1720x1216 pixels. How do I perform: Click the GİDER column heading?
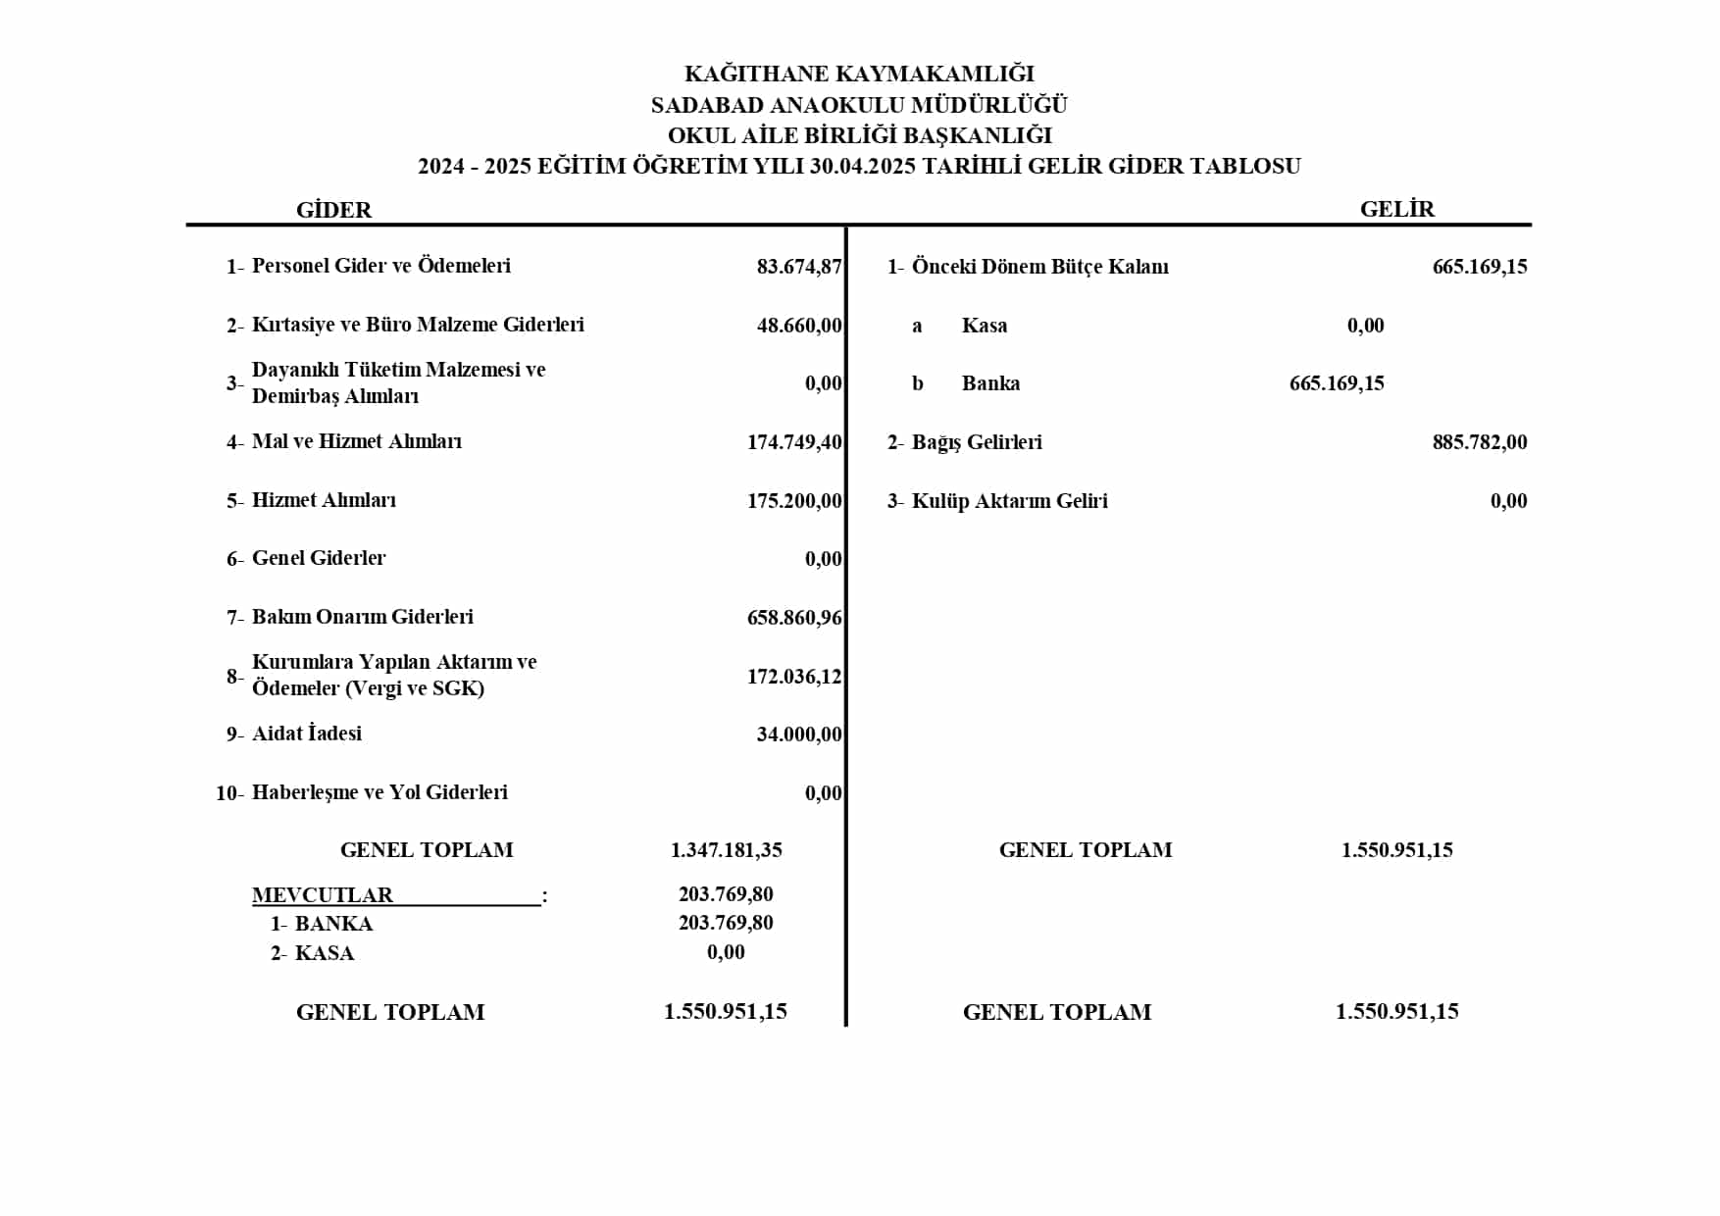pyautogui.click(x=333, y=210)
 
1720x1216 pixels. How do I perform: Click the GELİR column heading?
pyautogui.click(x=1396, y=209)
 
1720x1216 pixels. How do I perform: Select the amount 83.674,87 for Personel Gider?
pyautogui.click(x=799, y=267)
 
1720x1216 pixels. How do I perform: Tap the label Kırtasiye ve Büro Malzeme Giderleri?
pyautogui.click(x=418, y=325)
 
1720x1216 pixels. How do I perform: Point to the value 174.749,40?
pyautogui.click(x=794, y=442)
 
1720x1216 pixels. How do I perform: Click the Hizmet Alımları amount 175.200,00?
pyautogui.click(x=794, y=501)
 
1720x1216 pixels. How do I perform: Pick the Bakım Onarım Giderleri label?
pyautogui.click(x=362, y=617)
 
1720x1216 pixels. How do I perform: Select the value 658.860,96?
pyautogui.click(x=794, y=618)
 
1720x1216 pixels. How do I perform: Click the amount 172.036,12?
pyautogui.click(x=794, y=676)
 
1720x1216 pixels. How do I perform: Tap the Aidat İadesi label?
pyautogui.click(x=306, y=734)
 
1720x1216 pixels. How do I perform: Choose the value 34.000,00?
pyautogui.click(x=799, y=735)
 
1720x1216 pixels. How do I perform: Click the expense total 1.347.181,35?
pyautogui.click(x=726, y=850)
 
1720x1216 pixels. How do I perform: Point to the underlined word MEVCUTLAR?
pyautogui.click(x=323, y=895)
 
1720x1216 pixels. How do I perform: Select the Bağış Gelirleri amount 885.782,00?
pyautogui.click(x=1479, y=442)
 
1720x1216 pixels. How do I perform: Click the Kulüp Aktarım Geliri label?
pyautogui.click(x=1009, y=501)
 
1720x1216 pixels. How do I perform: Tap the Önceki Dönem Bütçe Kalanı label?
pyautogui.click(x=1039, y=267)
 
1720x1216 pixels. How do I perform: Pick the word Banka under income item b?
pyautogui.click(x=990, y=383)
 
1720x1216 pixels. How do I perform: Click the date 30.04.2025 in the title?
pyautogui.click(x=863, y=167)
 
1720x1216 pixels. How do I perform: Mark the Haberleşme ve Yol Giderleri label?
pyautogui.click(x=379, y=792)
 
